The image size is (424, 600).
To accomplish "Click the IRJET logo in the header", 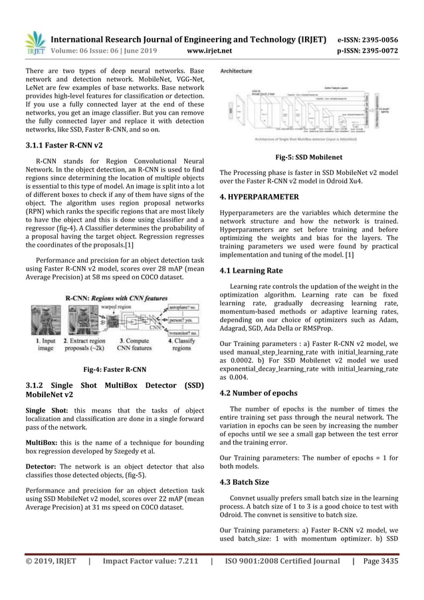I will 34,41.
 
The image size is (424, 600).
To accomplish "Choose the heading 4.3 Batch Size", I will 245,481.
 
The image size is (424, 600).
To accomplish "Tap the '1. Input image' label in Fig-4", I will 43,344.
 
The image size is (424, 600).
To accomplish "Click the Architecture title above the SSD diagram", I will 236,70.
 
